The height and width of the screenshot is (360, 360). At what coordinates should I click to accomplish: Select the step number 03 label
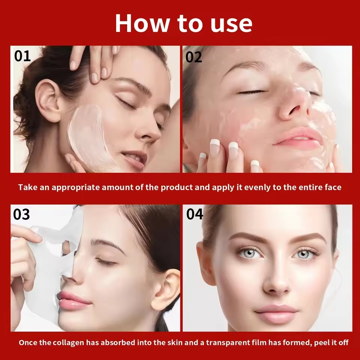click(x=21, y=214)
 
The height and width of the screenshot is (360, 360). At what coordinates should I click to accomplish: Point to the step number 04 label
click(x=195, y=214)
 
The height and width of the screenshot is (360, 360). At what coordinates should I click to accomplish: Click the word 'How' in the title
click(x=139, y=23)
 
